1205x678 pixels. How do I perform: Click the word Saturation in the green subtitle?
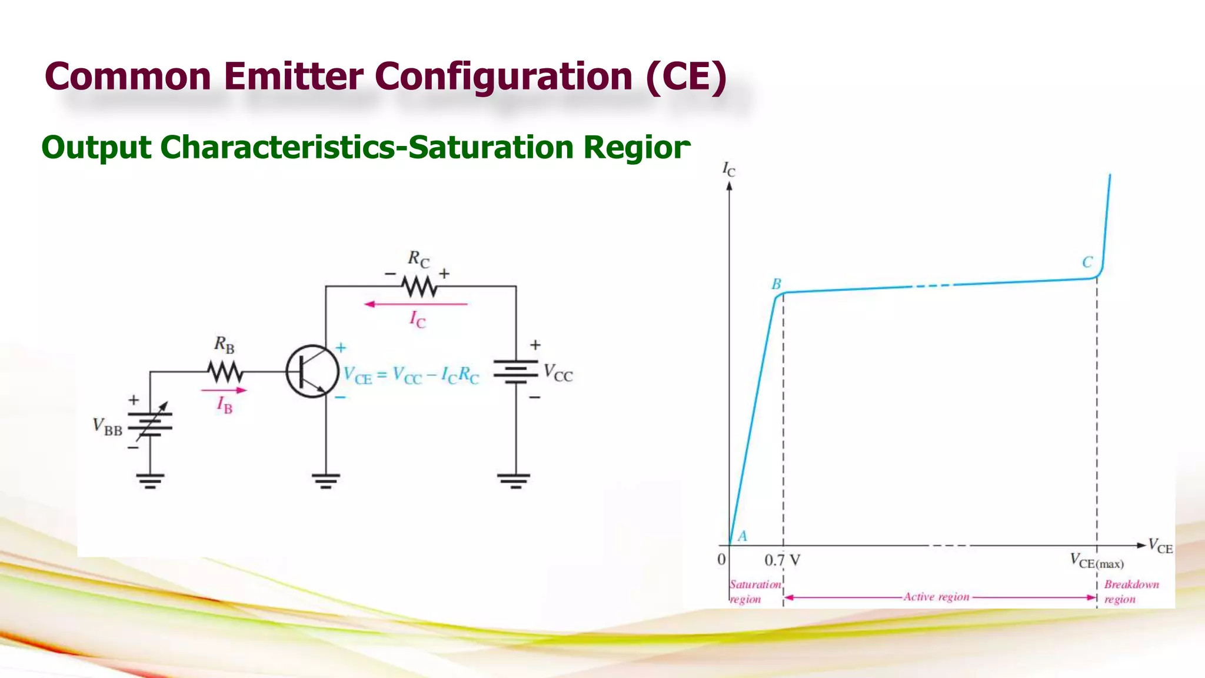490,147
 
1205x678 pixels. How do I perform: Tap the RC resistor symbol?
420,287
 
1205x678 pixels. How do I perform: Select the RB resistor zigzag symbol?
225,372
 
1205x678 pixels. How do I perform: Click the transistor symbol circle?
312,371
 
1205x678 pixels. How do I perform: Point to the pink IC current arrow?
415,304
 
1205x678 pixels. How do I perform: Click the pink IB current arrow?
224,390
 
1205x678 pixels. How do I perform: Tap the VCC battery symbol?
516,372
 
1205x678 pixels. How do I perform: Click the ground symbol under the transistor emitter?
326,481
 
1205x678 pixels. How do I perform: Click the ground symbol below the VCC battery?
516,481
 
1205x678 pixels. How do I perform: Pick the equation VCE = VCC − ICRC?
411,375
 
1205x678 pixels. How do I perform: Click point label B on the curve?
776,284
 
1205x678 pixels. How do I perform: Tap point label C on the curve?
1087,262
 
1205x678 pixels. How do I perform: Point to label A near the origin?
743,536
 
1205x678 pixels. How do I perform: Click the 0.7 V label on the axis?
782,560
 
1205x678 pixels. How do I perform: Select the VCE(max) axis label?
1097,561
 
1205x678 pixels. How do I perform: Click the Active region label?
936,597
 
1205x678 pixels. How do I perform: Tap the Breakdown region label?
1131,591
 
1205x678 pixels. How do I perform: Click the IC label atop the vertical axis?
728,169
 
